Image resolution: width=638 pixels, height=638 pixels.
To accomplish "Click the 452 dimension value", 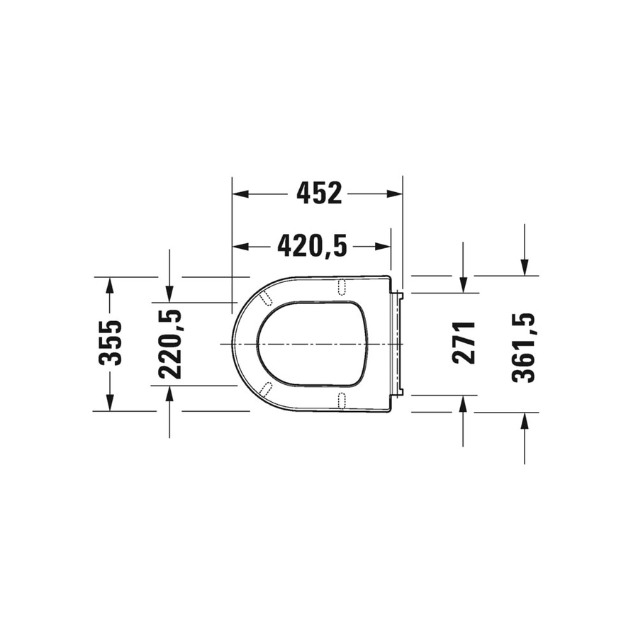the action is coord(319,193).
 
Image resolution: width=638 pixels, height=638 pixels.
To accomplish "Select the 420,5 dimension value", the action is coord(312,246).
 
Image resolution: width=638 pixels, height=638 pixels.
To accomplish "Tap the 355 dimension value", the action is coord(111,343).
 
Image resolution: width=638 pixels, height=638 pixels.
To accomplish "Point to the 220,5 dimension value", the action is coord(169,345).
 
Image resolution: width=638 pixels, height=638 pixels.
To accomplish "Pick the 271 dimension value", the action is coord(464,342).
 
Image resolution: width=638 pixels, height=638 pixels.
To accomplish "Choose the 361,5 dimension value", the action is coord(523,347).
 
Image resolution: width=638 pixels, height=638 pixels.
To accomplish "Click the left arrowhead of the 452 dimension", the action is coord(240,194).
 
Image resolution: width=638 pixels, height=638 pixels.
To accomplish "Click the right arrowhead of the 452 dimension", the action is coord(394,194).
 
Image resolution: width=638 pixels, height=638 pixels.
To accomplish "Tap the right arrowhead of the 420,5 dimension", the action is coord(383,246).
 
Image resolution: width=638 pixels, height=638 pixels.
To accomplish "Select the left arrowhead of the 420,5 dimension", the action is coord(240,246).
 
